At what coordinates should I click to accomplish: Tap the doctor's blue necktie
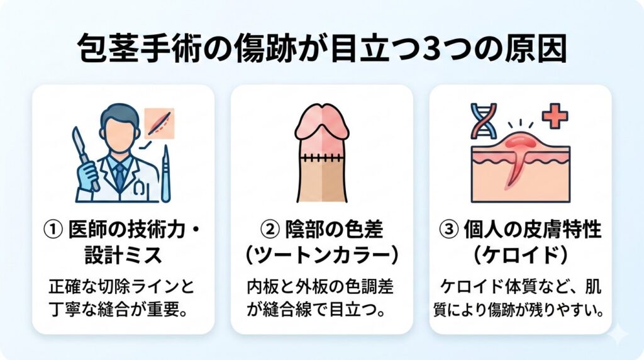point(119,177)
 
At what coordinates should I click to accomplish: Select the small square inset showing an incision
point(159,123)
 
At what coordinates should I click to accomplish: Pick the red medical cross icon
point(554,116)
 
